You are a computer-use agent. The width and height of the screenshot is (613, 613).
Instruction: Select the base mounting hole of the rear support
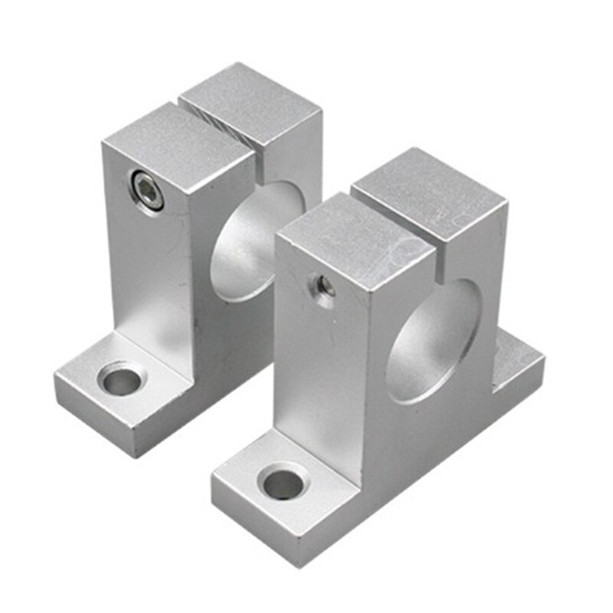[122, 379]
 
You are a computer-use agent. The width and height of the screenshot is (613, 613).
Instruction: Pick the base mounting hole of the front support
[283, 484]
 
